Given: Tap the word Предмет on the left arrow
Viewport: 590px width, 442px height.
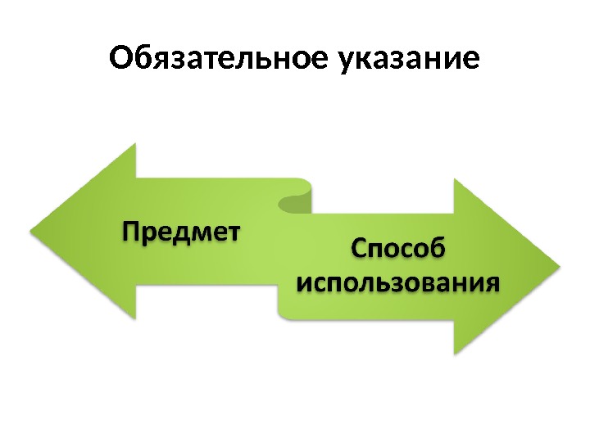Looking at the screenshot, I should click(x=183, y=232).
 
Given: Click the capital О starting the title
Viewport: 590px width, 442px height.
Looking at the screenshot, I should click(x=120, y=59).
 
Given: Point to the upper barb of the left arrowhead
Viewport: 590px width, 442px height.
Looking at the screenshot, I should click(x=133, y=147).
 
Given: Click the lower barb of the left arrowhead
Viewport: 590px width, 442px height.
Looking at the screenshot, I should click(x=133, y=316).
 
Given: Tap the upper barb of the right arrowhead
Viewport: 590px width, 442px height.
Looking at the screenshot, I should click(x=456, y=183).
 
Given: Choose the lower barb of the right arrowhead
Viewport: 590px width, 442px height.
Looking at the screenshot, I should click(x=456, y=350).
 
